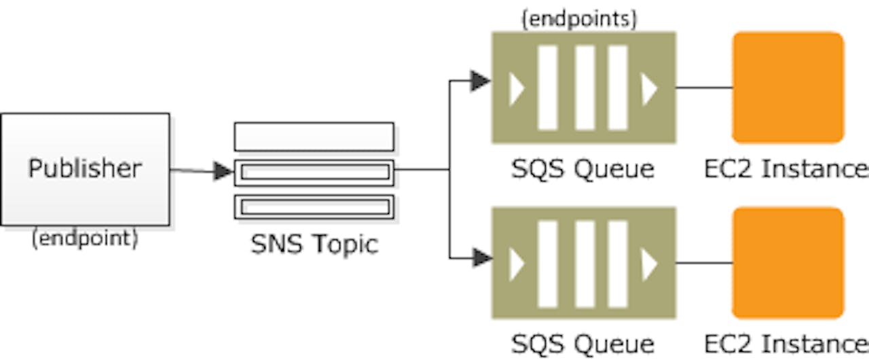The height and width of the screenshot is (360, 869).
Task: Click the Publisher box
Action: pos(85,169)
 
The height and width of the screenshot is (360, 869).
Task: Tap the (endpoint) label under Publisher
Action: pos(85,238)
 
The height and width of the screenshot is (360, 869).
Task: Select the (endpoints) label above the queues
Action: pos(578,20)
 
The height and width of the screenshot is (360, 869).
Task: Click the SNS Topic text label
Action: pos(314,245)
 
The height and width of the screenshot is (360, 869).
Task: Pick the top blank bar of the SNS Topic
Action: pos(314,137)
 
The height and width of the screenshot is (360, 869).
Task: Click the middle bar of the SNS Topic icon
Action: pos(314,173)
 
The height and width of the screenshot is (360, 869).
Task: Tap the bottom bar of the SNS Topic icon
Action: pos(314,206)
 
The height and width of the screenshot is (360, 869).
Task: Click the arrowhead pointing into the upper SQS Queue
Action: pos(481,82)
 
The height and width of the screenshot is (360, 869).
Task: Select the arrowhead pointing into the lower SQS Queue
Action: pos(481,258)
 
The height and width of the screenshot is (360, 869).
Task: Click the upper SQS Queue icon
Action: pos(583,87)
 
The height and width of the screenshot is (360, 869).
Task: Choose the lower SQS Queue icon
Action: pos(583,263)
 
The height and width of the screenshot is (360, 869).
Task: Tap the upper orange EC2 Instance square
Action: pos(788,87)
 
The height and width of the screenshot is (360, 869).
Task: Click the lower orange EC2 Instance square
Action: pos(788,263)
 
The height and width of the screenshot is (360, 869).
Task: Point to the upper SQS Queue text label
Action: pos(583,168)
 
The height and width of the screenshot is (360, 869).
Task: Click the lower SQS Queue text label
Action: pos(583,343)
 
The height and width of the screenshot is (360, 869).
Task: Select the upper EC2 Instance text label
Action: pos(785,168)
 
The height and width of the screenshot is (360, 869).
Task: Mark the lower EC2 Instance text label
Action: pos(785,343)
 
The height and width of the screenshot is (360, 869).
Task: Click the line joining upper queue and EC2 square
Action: pos(704,88)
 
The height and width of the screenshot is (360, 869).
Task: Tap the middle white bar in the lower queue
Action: pos(585,263)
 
